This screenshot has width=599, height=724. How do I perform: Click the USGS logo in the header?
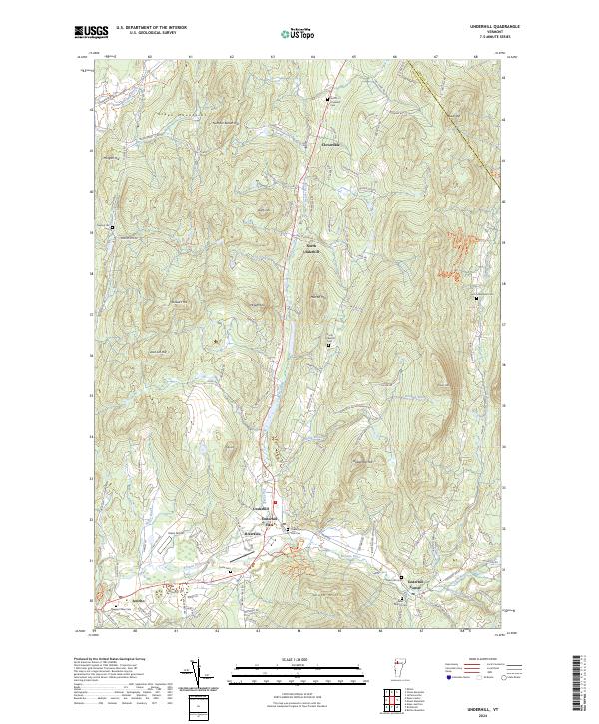click(91, 32)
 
